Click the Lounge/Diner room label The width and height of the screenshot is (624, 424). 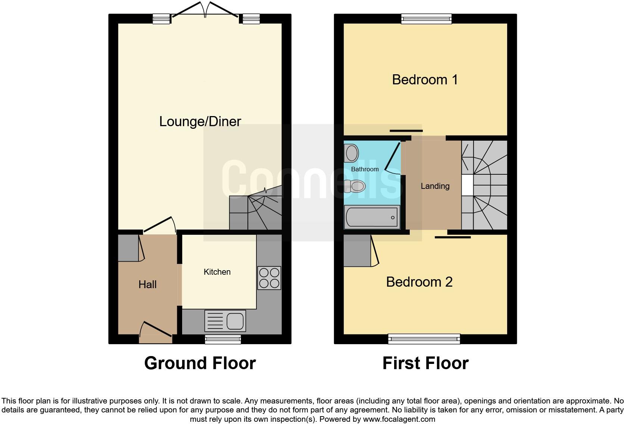(x=200, y=121)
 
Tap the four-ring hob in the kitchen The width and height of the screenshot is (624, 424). (x=269, y=278)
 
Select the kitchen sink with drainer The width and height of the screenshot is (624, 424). (x=225, y=321)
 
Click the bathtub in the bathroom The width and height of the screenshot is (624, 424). (x=372, y=217)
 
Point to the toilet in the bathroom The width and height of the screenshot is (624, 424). (x=355, y=185)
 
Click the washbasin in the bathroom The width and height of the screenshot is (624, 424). (x=351, y=153)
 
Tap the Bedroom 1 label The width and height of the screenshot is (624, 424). (x=425, y=79)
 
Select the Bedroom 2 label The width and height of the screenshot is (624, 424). (x=419, y=282)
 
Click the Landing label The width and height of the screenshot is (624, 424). (x=435, y=186)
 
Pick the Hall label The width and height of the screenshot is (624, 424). (x=147, y=284)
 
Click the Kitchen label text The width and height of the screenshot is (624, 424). (x=217, y=272)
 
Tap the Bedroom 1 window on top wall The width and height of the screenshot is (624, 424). (x=426, y=18)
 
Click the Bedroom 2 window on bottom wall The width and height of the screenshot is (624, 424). (x=424, y=339)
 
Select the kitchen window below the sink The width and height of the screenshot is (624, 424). (x=223, y=339)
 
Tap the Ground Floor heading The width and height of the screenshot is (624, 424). (x=200, y=363)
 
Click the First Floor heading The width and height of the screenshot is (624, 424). (x=425, y=363)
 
